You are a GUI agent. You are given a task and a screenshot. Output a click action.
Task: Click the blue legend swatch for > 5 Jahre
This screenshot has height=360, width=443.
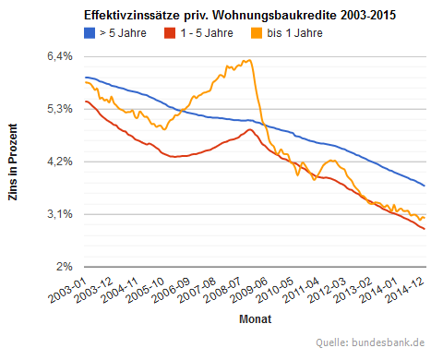90,33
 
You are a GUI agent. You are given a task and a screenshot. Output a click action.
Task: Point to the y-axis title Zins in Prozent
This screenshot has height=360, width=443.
14,162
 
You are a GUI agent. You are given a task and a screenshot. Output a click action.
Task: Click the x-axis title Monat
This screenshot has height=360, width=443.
254,319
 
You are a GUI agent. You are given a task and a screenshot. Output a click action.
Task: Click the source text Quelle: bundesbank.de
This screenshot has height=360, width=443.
370,342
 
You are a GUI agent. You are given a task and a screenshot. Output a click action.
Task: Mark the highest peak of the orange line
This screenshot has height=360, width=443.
248,60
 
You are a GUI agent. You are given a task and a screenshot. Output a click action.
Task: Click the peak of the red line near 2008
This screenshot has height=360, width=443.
250,129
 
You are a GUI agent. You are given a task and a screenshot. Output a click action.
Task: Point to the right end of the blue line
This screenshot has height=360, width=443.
425,186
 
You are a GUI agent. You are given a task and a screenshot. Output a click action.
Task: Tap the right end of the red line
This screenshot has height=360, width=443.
425,229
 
